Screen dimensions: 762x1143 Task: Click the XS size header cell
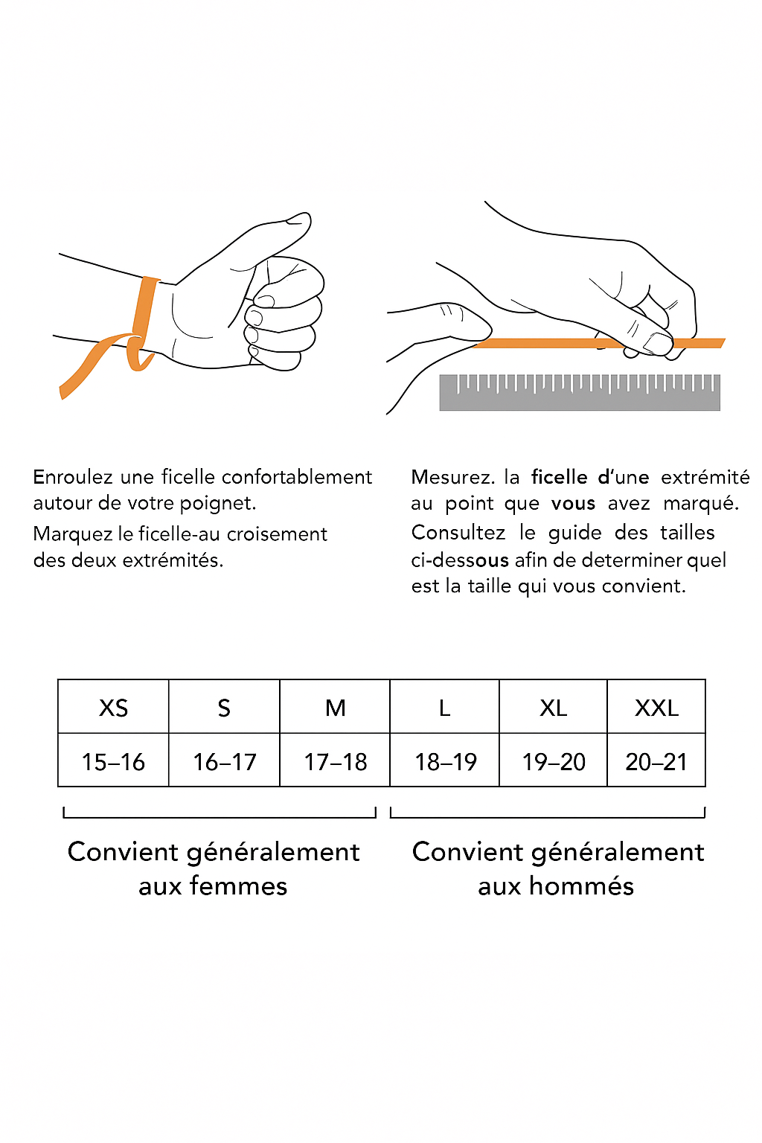click(x=113, y=707)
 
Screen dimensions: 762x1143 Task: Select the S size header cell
click(x=224, y=707)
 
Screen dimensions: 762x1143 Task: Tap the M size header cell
click(x=335, y=707)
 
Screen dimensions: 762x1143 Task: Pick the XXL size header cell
click(x=656, y=707)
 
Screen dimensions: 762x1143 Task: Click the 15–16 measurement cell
click(x=113, y=761)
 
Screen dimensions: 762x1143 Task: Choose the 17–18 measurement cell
click(x=335, y=761)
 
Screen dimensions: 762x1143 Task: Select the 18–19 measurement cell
click(x=444, y=761)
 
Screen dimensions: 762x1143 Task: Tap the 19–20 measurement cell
click(x=553, y=761)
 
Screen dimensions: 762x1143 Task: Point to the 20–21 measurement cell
click(x=656, y=761)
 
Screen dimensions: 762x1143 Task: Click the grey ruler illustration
click(x=580, y=392)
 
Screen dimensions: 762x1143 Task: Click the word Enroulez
click(x=72, y=477)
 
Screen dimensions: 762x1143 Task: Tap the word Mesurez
click(x=452, y=477)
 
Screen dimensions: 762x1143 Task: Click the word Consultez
click(x=458, y=532)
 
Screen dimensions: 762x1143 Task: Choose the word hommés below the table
click(x=581, y=886)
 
